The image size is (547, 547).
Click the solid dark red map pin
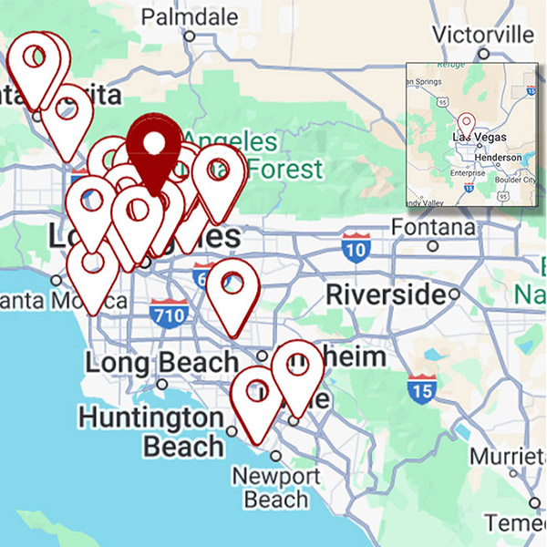click(x=155, y=146)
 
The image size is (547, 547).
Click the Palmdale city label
click(x=191, y=17)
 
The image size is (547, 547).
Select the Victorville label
click(x=482, y=35)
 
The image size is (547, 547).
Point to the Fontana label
click(x=433, y=225)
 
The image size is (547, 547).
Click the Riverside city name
click(x=387, y=294)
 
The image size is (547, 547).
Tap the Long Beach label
click(x=161, y=363)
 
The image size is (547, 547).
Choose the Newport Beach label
click(x=275, y=488)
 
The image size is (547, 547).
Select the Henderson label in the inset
click(x=497, y=157)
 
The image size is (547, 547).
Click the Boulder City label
click(x=515, y=179)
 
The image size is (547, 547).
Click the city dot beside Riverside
click(x=454, y=294)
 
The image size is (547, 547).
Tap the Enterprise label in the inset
click(x=468, y=172)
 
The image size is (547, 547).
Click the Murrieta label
click(x=509, y=456)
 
